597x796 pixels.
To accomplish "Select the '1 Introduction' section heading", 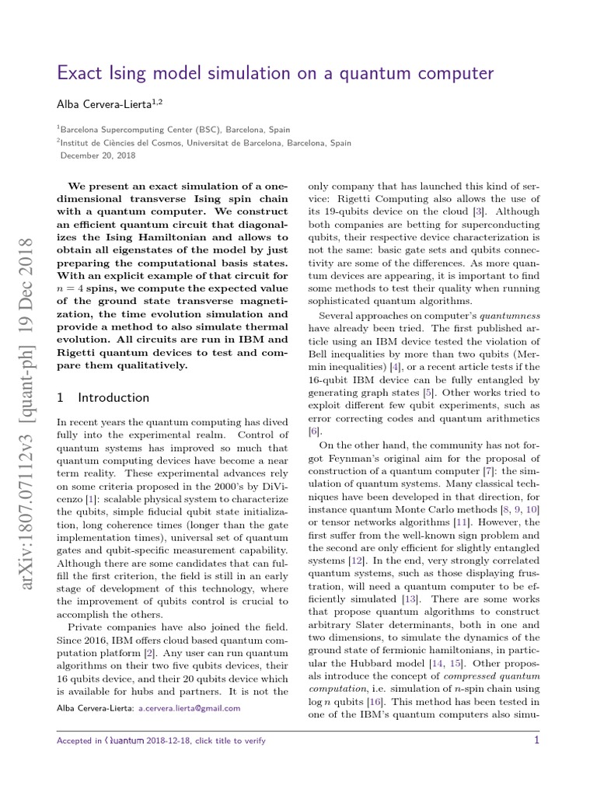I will tap(104, 397).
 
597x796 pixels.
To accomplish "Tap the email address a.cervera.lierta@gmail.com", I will tap(189, 708).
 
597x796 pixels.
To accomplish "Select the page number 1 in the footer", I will tap(536, 741).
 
